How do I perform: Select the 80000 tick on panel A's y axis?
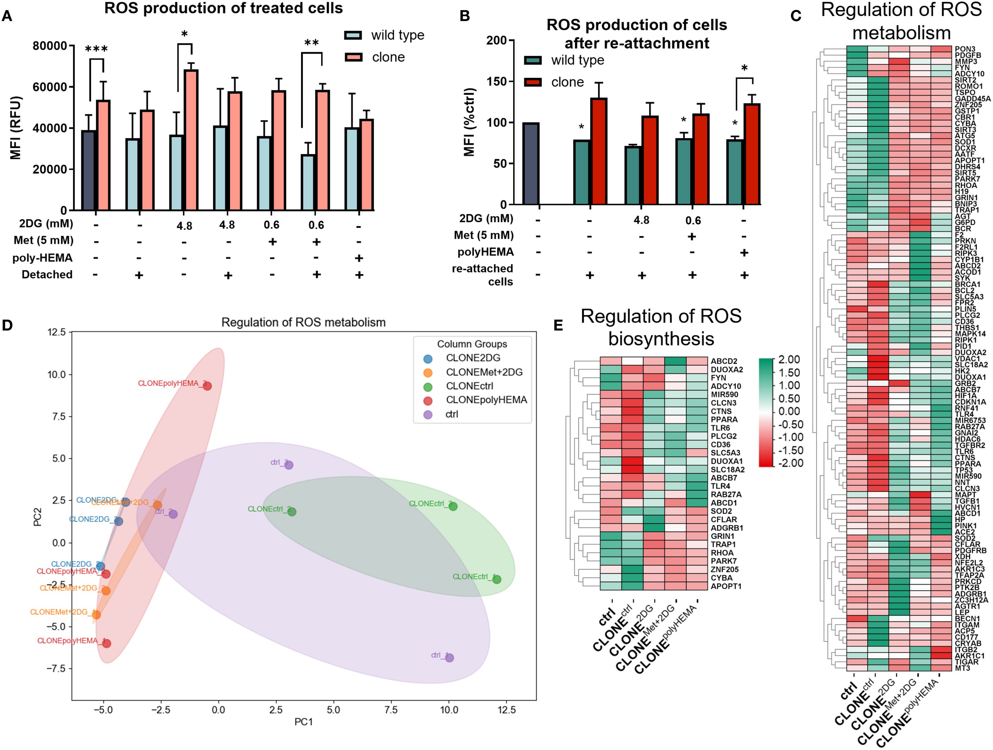click(49, 46)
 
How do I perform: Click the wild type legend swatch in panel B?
click(533, 60)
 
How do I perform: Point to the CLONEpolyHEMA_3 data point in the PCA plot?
click(207, 386)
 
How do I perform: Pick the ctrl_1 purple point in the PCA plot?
click(449, 658)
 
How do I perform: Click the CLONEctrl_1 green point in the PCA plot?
click(497, 580)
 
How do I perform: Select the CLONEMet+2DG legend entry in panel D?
click(484, 372)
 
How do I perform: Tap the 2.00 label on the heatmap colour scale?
click(789, 360)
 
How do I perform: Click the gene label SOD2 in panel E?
click(721, 511)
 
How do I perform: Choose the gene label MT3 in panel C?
click(962, 668)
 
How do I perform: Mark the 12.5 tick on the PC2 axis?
click(56, 332)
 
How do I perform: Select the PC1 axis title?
click(304, 722)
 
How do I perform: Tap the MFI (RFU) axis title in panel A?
click(16, 128)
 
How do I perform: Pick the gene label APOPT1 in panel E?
click(726, 586)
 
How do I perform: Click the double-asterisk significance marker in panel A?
click(311, 43)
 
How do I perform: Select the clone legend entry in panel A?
click(388, 57)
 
